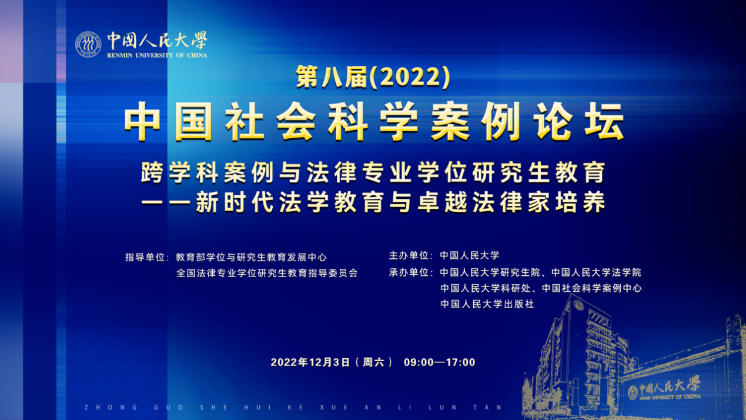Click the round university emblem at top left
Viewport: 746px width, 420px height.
88,44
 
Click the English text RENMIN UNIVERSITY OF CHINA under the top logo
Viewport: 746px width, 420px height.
157,55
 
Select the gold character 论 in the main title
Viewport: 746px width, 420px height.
553,121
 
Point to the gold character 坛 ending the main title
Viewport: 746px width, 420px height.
604,121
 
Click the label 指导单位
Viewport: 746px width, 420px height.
145,257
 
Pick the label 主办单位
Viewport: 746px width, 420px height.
409,256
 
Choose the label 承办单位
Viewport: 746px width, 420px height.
409,273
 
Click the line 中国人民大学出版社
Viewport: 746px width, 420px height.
487,304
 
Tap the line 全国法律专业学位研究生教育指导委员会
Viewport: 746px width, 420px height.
267,274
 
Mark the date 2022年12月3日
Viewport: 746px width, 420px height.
310,362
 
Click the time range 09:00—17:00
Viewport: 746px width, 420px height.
439,362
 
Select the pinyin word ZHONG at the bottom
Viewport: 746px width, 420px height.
111,407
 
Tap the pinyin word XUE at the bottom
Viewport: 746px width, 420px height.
334,407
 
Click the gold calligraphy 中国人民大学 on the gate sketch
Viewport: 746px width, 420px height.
670,386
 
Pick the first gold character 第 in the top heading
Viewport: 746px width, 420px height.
307,77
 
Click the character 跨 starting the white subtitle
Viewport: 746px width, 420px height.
152,173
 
